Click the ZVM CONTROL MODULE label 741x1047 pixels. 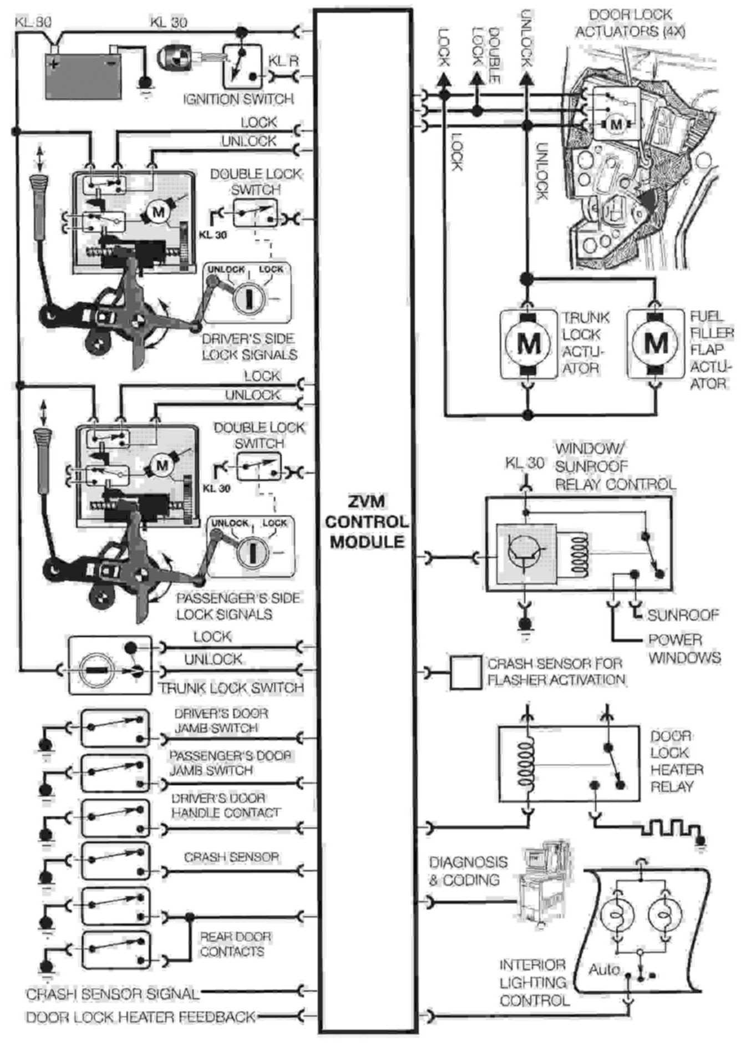click(x=366, y=522)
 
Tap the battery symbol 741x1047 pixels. click(x=83, y=75)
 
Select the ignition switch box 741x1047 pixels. click(x=242, y=66)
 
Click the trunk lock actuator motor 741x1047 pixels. click(x=528, y=344)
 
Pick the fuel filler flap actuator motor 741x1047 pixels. click(x=656, y=344)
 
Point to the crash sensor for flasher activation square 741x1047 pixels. click(x=465, y=673)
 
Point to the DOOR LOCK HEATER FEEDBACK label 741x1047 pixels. click(x=141, y=1016)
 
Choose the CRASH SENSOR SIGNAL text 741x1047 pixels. click(x=113, y=993)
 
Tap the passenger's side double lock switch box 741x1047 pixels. click(x=258, y=467)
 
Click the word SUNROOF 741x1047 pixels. click(x=683, y=615)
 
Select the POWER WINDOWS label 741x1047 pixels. click(x=684, y=648)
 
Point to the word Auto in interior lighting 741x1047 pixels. click(x=604, y=969)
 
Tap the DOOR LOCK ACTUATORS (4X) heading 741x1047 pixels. click(x=630, y=23)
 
